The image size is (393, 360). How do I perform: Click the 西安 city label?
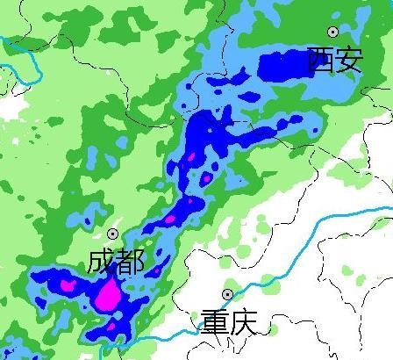[x=334, y=60]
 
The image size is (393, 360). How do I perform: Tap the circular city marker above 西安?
[x=333, y=32]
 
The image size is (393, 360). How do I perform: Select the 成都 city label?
[x=116, y=262]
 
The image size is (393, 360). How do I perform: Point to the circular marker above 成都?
[x=113, y=234]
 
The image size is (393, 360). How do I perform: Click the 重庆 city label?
[x=228, y=321]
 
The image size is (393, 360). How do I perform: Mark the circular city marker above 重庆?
[x=227, y=294]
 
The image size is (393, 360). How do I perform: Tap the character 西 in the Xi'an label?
[x=320, y=60]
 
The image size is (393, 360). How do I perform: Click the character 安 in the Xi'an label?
[x=348, y=60]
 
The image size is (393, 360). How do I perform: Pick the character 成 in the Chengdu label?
[x=102, y=262]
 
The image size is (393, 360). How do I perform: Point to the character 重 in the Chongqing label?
[x=214, y=321]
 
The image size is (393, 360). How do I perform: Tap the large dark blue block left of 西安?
[x=281, y=65]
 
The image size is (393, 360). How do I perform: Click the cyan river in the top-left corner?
[x=26, y=53]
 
